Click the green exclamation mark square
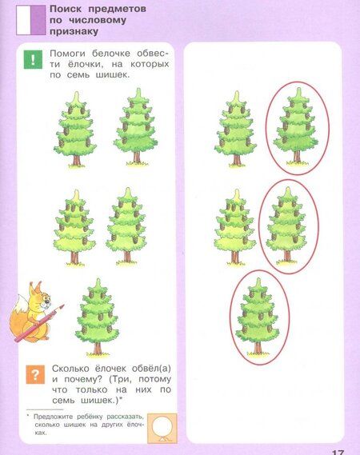coord(33,59)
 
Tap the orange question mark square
coord(35,374)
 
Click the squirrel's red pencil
coord(39,323)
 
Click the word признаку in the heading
coord(74,31)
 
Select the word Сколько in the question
coord(71,369)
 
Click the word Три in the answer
coord(122,379)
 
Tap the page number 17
coord(338,452)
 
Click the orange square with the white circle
coord(162,429)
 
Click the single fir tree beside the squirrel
coord(98,317)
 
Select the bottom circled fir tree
coord(258,317)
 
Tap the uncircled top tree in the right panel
coord(236,130)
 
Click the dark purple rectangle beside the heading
coord(38,20)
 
